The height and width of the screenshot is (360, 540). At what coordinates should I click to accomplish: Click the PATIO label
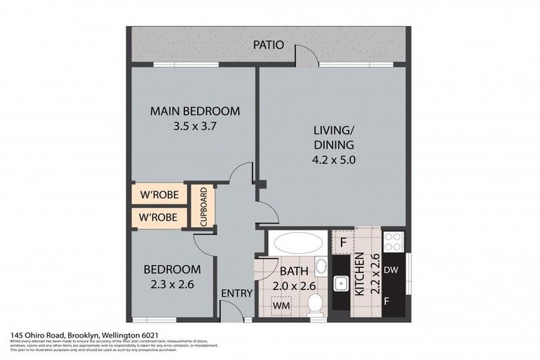269,45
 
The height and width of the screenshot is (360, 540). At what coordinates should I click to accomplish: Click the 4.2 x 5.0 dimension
334,159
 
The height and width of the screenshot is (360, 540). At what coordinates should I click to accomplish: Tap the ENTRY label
236,293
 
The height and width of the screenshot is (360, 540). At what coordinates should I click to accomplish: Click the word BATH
292,270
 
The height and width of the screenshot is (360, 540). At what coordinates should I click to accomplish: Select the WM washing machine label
281,306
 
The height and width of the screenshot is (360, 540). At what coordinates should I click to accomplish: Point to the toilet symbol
316,303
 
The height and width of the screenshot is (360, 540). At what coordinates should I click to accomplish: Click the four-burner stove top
393,242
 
